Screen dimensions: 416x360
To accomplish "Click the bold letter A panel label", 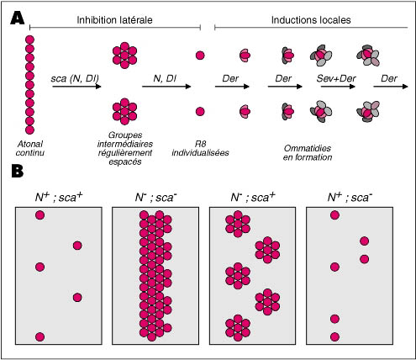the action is pos(17,19).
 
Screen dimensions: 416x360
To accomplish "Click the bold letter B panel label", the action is pos(18,171).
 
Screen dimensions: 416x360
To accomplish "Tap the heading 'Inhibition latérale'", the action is pos(114,20).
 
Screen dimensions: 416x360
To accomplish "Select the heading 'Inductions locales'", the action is pos(311,20).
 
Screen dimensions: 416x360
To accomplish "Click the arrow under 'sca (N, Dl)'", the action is pos(76,87).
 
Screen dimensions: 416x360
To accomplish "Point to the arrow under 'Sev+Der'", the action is pos(338,87).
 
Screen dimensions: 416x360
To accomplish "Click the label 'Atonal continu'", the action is pos(30,148).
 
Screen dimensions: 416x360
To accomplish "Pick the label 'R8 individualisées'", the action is pos(200,148).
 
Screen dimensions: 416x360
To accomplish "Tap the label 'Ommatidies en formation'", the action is pos(308,153).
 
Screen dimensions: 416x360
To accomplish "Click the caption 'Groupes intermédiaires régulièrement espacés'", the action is pos(125,148).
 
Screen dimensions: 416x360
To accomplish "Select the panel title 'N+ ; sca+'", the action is pos(59,198).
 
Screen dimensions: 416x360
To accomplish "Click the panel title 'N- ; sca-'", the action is pos(155,198).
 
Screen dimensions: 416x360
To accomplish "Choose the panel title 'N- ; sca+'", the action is pos(253,198).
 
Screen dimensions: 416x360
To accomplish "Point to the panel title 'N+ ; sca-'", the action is pos(350,198).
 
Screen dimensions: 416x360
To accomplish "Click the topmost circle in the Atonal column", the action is pos(29,40).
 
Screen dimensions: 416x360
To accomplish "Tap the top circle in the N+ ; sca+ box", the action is pos(39,215).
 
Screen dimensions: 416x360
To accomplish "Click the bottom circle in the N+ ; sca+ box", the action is pos(39,336).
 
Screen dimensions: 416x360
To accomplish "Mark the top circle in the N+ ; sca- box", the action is pos(334,215).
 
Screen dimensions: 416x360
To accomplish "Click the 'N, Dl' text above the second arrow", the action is pos(165,79).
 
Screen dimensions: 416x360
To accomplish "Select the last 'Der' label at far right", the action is pos(389,78).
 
